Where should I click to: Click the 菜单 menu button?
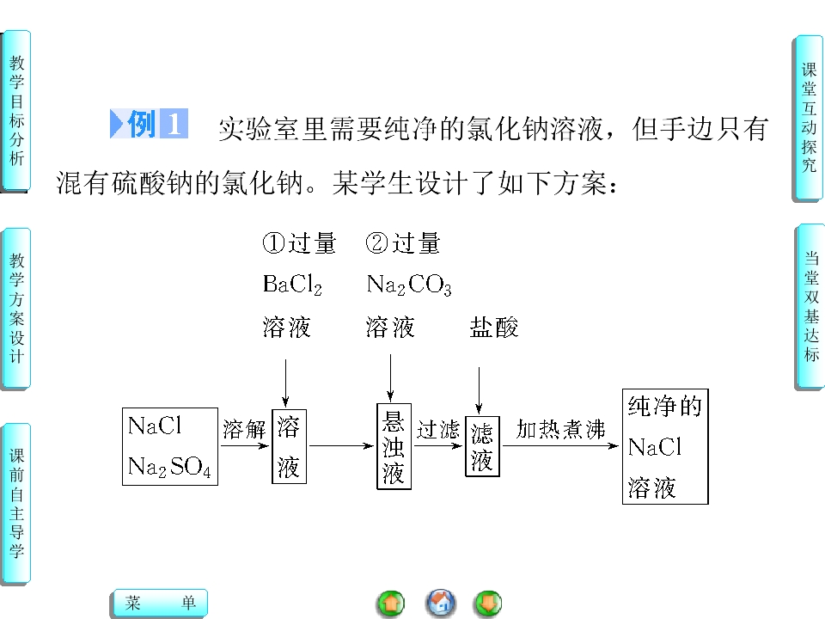pos(160,603)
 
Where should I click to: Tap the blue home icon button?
pos(441,604)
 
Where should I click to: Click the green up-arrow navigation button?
pos(392,604)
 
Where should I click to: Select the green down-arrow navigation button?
pos(488,604)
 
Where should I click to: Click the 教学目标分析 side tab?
pos(16,111)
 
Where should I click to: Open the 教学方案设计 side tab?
pos(16,309)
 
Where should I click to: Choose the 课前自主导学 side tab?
pos(16,504)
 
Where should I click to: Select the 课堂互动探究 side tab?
pos(808,118)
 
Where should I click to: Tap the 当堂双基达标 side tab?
pos(810,306)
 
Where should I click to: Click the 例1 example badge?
pos(149,124)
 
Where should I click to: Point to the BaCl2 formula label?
pos(292,285)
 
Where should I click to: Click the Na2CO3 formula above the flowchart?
pos(409,285)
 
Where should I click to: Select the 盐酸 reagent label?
pos(493,327)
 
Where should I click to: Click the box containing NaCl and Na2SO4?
pos(170,446)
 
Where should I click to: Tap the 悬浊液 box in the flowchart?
pos(394,446)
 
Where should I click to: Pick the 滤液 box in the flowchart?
pos(482,447)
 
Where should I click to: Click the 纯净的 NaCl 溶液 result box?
pos(665,446)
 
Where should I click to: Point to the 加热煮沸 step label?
pos(560,429)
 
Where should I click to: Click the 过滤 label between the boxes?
pos(437,430)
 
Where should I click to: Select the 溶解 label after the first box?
pos(244,430)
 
